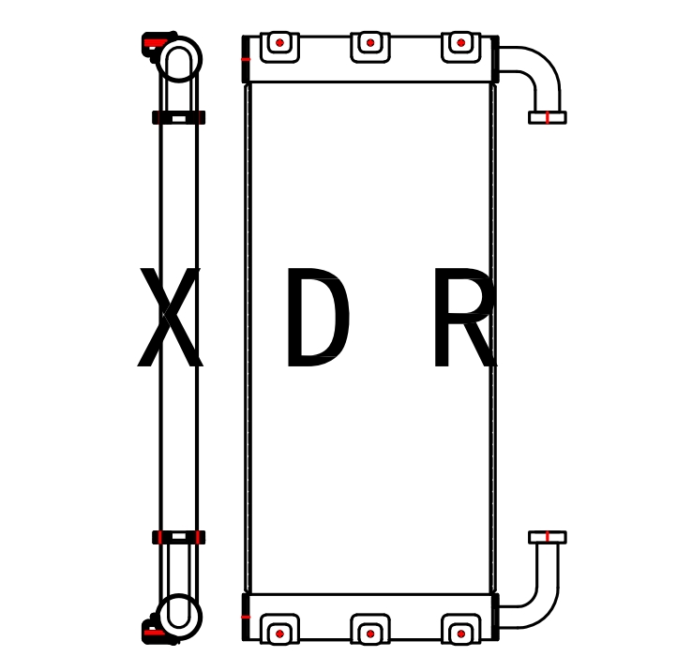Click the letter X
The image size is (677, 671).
(170, 319)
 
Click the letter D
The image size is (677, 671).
(317, 319)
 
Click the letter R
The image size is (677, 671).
(462, 319)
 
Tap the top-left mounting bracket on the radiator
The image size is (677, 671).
(279, 45)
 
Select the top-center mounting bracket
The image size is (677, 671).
(370, 45)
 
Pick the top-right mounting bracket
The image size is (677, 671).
(460, 45)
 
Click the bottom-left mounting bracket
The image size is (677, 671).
(279, 632)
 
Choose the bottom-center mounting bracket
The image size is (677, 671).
(370, 632)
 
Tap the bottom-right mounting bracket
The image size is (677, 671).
(460, 632)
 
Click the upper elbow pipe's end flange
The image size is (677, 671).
(547, 117)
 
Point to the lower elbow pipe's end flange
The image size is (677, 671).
(547, 537)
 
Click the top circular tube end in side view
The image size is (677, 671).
(179, 60)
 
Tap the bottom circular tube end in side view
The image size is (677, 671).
(179, 614)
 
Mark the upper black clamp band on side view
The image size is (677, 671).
(178, 117)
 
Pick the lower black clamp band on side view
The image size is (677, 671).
(178, 537)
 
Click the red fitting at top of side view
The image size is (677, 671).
(153, 42)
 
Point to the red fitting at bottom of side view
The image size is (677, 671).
(153, 633)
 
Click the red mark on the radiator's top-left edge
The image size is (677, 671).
(246, 59)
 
